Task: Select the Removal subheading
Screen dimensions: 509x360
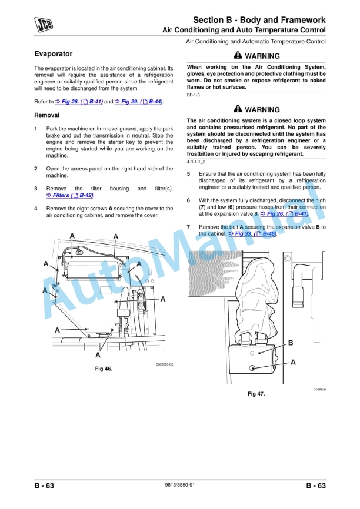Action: [46, 115]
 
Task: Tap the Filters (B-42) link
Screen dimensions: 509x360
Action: [70, 195]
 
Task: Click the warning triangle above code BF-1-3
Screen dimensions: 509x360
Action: [238, 56]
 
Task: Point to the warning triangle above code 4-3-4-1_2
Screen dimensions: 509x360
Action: [238, 109]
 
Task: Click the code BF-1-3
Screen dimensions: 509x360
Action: [194, 95]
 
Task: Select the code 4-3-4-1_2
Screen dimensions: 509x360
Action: [196, 161]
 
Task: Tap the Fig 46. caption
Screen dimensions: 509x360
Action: [104, 369]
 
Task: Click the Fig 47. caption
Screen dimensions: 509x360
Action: [256, 394]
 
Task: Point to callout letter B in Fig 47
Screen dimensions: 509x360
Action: [290, 343]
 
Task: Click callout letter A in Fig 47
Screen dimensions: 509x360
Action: [293, 362]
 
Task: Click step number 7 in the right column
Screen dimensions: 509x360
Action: [188, 227]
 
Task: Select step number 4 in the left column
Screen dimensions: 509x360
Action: [36, 209]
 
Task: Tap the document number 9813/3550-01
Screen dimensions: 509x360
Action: [180, 485]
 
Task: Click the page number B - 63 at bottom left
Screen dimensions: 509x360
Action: [44, 485]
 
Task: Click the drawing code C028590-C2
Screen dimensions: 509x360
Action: [164, 364]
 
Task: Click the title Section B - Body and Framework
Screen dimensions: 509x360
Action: [259, 20]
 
